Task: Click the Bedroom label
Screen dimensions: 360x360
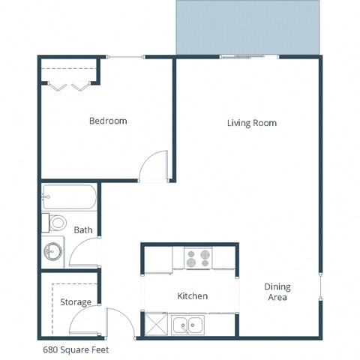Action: [108, 121]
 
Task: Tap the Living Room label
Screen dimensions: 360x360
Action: [252, 123]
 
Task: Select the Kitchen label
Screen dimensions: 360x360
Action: [192, 296]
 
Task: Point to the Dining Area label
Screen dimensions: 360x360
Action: [277, 292]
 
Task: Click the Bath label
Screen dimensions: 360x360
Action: [82, 230]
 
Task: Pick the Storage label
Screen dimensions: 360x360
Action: [76, 302]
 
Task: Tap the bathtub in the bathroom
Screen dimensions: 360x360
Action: [68, 198]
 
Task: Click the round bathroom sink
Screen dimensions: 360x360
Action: [53, 251]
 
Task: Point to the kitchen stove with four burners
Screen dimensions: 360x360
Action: [198, 259]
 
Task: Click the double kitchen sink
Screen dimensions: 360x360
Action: [188, 325]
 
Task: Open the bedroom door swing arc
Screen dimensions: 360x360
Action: [155, 166]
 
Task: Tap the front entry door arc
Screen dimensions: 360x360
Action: [120, 322]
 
